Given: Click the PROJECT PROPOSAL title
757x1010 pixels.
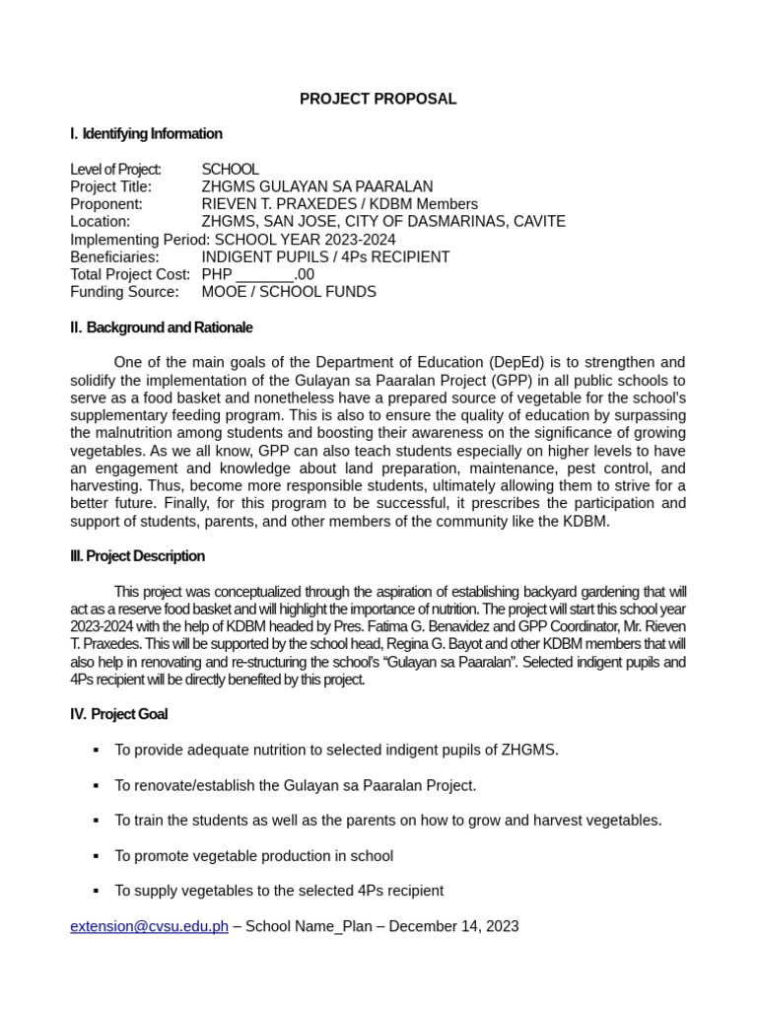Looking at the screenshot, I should (378, 99).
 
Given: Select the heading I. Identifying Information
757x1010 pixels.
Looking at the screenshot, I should (146, 134).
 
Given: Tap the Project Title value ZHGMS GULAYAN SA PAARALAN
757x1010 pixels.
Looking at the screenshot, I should (316, 186).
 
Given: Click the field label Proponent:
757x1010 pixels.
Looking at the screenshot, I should (106, 204).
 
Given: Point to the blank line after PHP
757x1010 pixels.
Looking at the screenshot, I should (265, 275).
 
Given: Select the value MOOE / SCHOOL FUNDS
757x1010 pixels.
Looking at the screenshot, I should (289, 292).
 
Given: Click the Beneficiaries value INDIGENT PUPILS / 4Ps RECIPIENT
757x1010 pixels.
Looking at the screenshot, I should (325, 257).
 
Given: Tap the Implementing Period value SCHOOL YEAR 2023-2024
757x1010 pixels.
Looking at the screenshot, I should (305, 240).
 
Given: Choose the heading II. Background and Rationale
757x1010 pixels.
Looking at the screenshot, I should (162, 327).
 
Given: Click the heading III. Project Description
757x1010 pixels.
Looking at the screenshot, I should (138, 556).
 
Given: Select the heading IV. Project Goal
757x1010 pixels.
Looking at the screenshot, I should (119, 714).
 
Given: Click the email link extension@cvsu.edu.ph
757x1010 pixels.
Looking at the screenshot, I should (149, 926).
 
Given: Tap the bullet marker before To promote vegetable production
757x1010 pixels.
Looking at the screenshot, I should (96, 856).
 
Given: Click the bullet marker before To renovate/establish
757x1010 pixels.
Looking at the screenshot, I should (96, 786).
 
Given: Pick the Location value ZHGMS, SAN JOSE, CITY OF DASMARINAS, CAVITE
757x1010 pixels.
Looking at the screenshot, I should (383, 222).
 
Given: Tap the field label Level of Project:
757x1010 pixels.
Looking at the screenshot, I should (115, 170).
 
